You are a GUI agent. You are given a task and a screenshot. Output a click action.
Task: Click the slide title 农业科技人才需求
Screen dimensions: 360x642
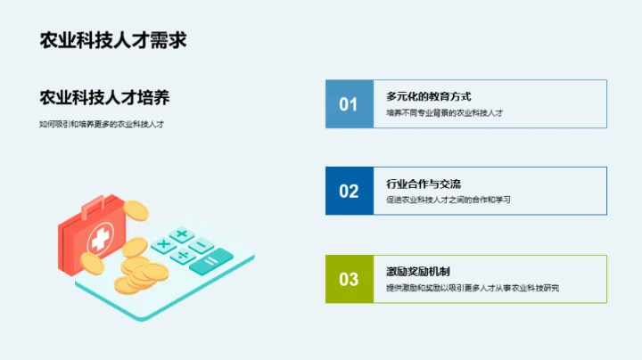coord(112,41)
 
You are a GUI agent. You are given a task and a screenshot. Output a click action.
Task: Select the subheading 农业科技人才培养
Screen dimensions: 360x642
coord(104,96)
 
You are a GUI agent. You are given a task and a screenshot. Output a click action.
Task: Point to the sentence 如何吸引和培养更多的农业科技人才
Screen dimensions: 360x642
coord(102,124)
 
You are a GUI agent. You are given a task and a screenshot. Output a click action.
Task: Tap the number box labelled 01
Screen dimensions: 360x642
coord(349,104)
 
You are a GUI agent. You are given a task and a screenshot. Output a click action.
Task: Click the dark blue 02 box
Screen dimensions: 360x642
coord(349,191)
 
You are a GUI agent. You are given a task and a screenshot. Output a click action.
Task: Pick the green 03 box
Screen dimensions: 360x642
coord(349,279)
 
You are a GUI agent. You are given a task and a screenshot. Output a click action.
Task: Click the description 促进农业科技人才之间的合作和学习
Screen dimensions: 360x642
coord(449,200)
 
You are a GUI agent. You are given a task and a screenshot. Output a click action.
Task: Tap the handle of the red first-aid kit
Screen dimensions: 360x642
coord(94,208)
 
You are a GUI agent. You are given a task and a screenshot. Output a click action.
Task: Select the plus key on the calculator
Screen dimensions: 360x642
coord(181,235)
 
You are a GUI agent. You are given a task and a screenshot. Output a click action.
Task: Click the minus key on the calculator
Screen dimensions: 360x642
coord(202,245)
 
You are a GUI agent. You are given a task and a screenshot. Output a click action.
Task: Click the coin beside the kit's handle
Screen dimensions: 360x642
coord(135,210)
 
